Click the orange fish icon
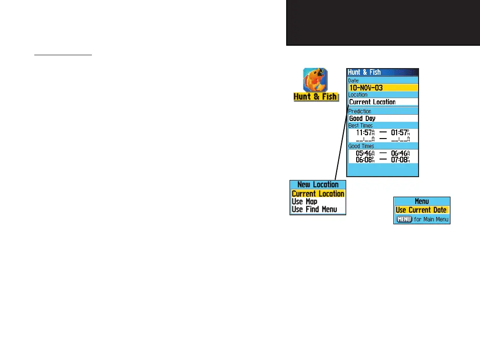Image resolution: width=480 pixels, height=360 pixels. pos(315,80)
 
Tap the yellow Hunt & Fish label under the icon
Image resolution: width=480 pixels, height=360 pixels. pos(315,97)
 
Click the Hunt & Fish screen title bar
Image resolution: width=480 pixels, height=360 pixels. pos(382,72)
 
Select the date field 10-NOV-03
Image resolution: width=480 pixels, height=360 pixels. pos(366,88)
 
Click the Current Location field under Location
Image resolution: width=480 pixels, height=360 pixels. pos(372,102)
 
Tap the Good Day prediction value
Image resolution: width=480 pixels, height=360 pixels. pos(362,119)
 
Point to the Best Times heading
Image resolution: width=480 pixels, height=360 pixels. pos(360,126)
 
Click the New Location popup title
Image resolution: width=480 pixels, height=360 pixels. pos(318,185)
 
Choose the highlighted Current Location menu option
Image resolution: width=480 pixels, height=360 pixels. pos(318,194)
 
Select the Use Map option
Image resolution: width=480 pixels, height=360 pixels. pos(305,201)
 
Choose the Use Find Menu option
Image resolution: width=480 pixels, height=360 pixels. pos(314,209)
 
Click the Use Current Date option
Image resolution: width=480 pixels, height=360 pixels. pos(421,210)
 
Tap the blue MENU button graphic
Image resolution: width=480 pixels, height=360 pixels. pos(404,220)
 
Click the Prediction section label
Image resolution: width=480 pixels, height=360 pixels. pos(360,111)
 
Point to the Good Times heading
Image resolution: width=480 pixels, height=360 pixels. pos(361,146)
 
